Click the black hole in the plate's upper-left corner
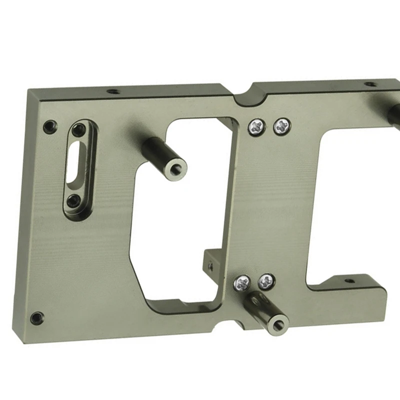click(48, 125)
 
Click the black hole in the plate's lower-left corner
click(36, 317)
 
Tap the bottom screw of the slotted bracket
click(73, 201)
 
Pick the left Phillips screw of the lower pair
click(243, 283)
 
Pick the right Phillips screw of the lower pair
click(266, 282)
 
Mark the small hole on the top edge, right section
click(370, 84)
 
